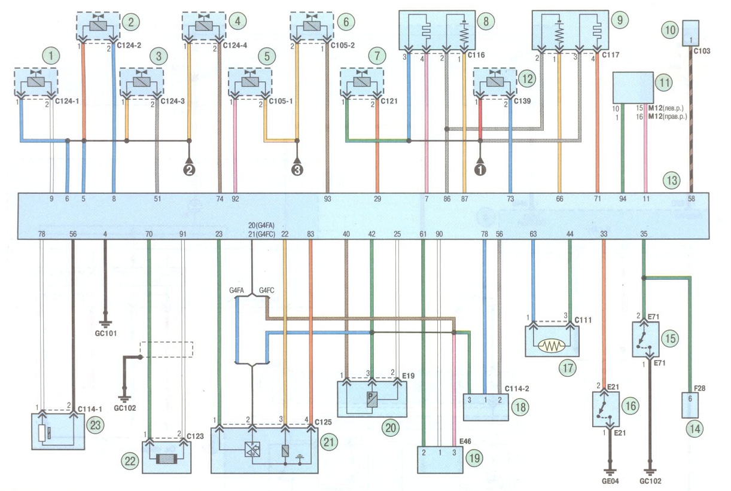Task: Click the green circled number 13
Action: [x=672, y=180]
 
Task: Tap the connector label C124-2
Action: [x=129, y=45]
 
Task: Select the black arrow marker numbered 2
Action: [x=189, y=167]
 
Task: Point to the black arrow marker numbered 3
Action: [x=297, y=167]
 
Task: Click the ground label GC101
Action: [x=106, y=333]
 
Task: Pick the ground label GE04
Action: [x=610, y=481]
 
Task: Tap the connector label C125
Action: [x=323, y=422]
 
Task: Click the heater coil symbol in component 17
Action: [x=552, y=346]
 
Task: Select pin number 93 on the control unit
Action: [x=327, y=199]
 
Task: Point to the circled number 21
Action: [x=328, y=442]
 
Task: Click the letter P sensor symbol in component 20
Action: [x=371, y=399]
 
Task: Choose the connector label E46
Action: [x=465, y=441]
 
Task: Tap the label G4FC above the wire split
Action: [x=266, y=290]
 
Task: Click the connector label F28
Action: [x=699, y=388]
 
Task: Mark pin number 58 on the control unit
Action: [x=691, y=199]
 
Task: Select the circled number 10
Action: [x=670, y=30]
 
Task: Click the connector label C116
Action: [x=476, y=55]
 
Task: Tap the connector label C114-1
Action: [x=90, y=409]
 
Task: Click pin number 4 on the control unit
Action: [x=105, y=234]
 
